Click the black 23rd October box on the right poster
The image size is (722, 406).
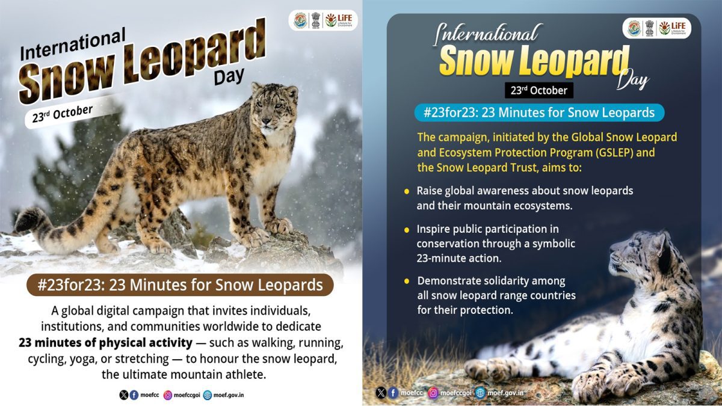[x=539, y=90]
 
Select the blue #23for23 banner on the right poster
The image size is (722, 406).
[x=539, y=112]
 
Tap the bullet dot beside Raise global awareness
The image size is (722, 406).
[x=407, y=191]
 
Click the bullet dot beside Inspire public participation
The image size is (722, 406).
[x=407, y=230]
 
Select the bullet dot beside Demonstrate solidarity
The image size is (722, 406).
[x=407, y=281]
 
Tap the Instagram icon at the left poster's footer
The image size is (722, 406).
[x=167, y=395]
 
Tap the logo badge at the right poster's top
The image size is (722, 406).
[x=656, y=28]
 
